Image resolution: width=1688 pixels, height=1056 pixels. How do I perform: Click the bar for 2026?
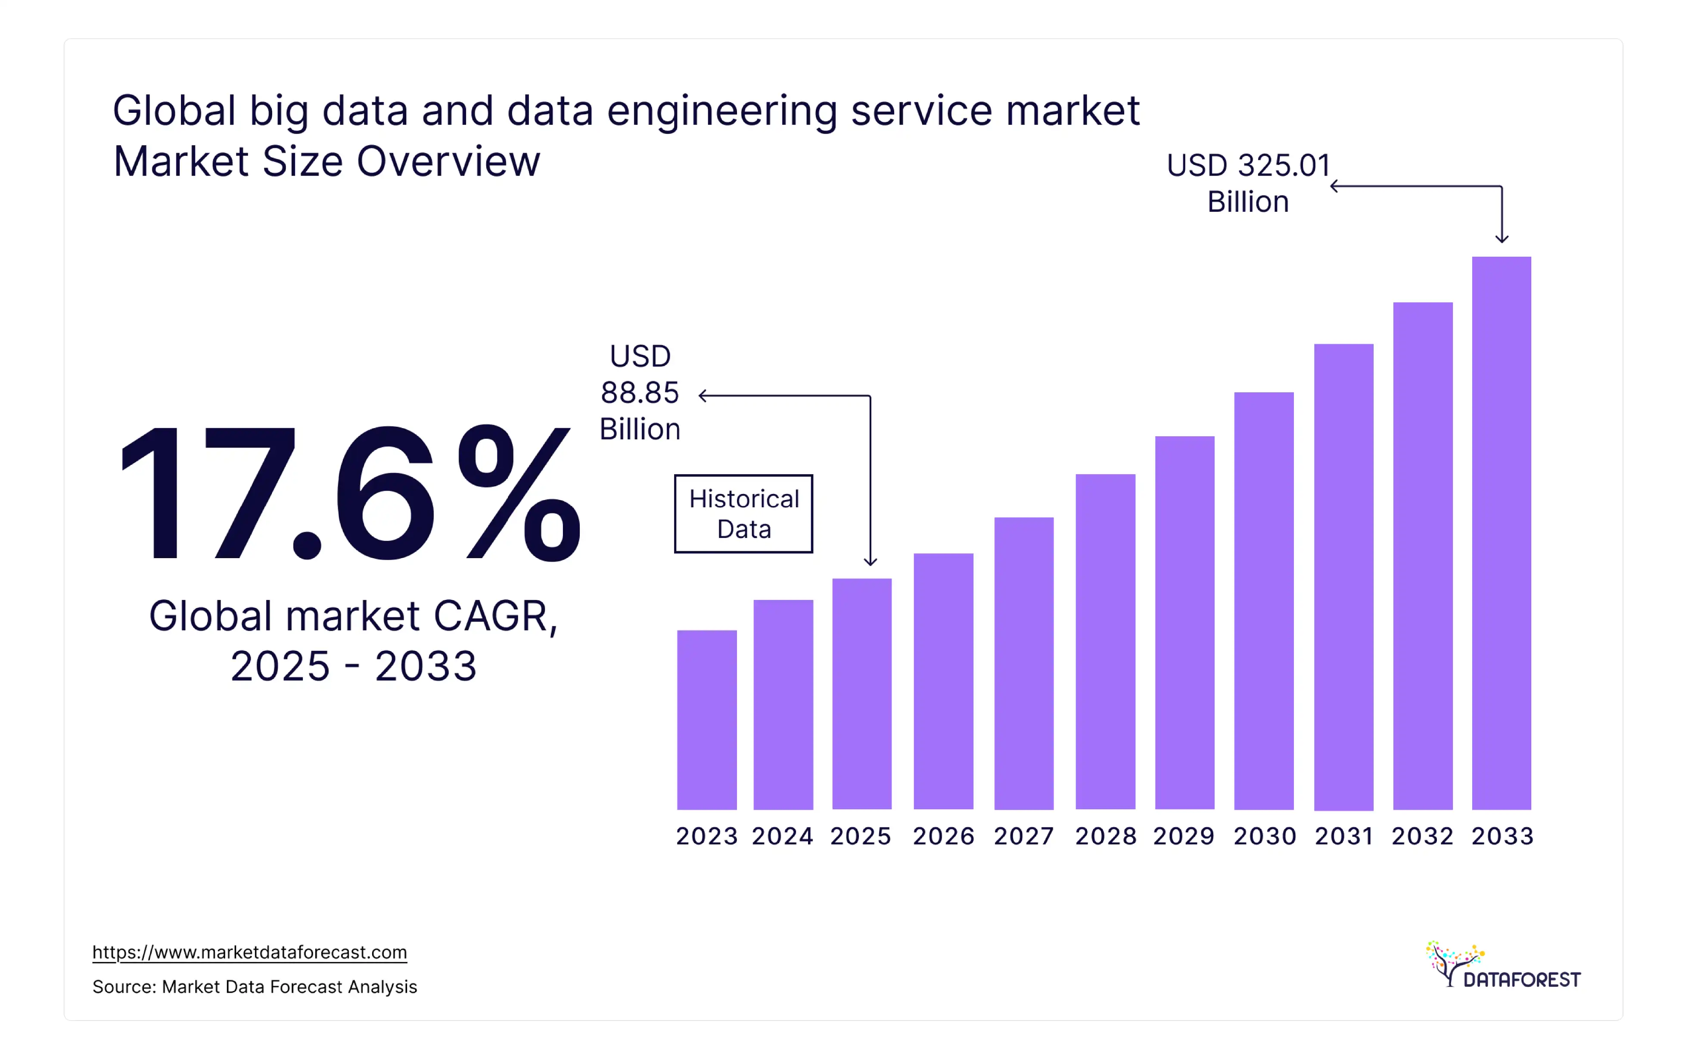pos(943,681)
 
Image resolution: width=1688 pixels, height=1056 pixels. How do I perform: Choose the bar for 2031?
pos(1343,576)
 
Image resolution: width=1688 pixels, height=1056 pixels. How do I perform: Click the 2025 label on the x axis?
pos(861,836)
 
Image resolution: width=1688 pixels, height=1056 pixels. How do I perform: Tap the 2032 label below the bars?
pos(1422,836)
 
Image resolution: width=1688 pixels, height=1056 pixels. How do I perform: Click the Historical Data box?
pos(743,513)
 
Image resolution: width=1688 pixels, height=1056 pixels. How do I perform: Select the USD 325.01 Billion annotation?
pos(1248,183)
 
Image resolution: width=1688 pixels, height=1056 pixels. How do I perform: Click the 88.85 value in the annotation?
pos(640,392)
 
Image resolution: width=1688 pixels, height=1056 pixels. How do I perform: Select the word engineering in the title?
pos(721,112)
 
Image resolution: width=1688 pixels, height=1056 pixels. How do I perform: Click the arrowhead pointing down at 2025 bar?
pos(870,562)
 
